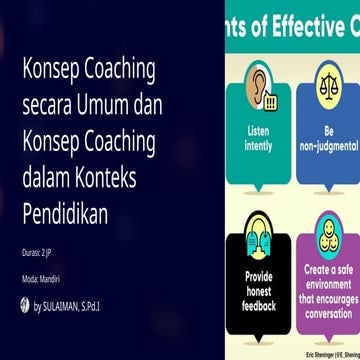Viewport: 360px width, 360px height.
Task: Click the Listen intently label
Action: (258, 137)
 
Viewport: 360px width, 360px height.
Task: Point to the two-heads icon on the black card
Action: (258, 234)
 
